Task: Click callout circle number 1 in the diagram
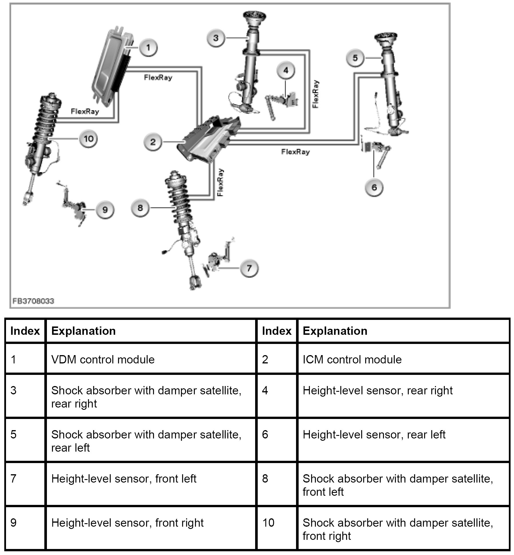click(x=148, y=47)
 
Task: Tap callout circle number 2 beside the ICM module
click(x=153, y=141)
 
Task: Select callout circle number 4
click(x=286, y=70)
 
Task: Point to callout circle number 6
click(x=374, y=187)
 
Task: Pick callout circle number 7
click(x=249, y=268)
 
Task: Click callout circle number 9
click(x=105, y=210)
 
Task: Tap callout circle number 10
click(x=88, y=139)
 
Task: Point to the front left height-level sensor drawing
click(x=219, y=258)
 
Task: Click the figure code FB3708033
click(x=33, y=301)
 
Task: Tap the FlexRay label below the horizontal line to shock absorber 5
click(x=295, y=152)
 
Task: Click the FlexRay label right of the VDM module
click(x=158, y=77)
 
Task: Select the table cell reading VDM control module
click(x=103, y=359)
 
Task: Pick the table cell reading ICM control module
click(x=352, y=359)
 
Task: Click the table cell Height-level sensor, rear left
click(x=374, y=435)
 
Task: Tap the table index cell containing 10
click(x=268, y=522)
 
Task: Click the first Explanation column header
click(x=84, y=331)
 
